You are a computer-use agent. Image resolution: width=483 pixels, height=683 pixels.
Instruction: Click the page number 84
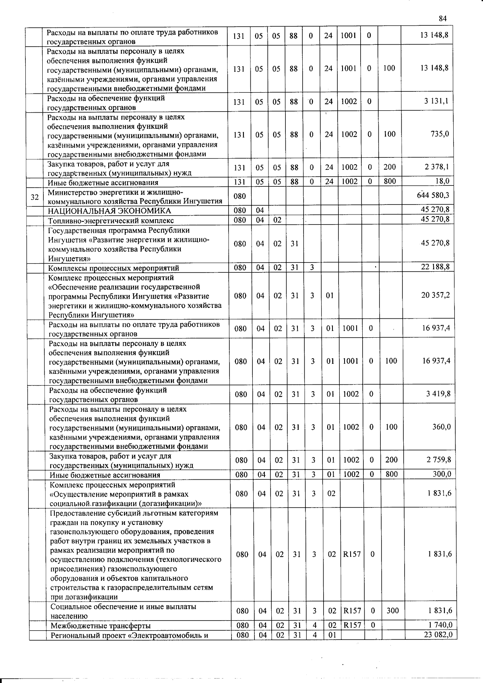coord(443,19)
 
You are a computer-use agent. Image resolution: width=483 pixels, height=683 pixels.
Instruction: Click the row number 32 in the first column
coord(35,197)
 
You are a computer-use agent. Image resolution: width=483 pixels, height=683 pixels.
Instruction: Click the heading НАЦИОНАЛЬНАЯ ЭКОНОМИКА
coord(109,211)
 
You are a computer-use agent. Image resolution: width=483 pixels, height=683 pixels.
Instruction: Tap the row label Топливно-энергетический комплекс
coord(111,221)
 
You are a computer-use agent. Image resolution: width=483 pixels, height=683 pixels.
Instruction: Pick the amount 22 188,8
coord(435,267)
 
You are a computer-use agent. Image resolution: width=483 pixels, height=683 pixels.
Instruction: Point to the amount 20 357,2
coord(436,295)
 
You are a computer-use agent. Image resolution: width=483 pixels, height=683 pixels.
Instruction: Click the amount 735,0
coord(440,134)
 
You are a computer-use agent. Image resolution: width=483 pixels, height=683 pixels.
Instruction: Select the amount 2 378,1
coord(437,167)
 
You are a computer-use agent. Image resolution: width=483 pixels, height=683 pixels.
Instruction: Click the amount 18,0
coord(442,181)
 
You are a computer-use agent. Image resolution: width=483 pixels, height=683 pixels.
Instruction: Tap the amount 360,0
coord(442,427)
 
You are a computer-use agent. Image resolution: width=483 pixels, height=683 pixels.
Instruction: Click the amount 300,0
coord(442,474)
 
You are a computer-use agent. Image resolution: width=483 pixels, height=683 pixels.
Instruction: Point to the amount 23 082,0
coord(438,635)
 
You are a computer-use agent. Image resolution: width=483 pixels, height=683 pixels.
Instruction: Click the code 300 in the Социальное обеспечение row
coord(392,611)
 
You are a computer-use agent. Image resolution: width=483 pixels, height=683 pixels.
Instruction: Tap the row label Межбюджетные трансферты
coord(101,625)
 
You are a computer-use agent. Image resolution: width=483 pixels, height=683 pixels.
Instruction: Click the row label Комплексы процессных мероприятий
coord(114,268)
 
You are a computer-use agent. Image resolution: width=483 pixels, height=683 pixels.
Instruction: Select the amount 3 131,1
coord(436,101)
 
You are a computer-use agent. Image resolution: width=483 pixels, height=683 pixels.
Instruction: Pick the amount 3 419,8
coord(438,394)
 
